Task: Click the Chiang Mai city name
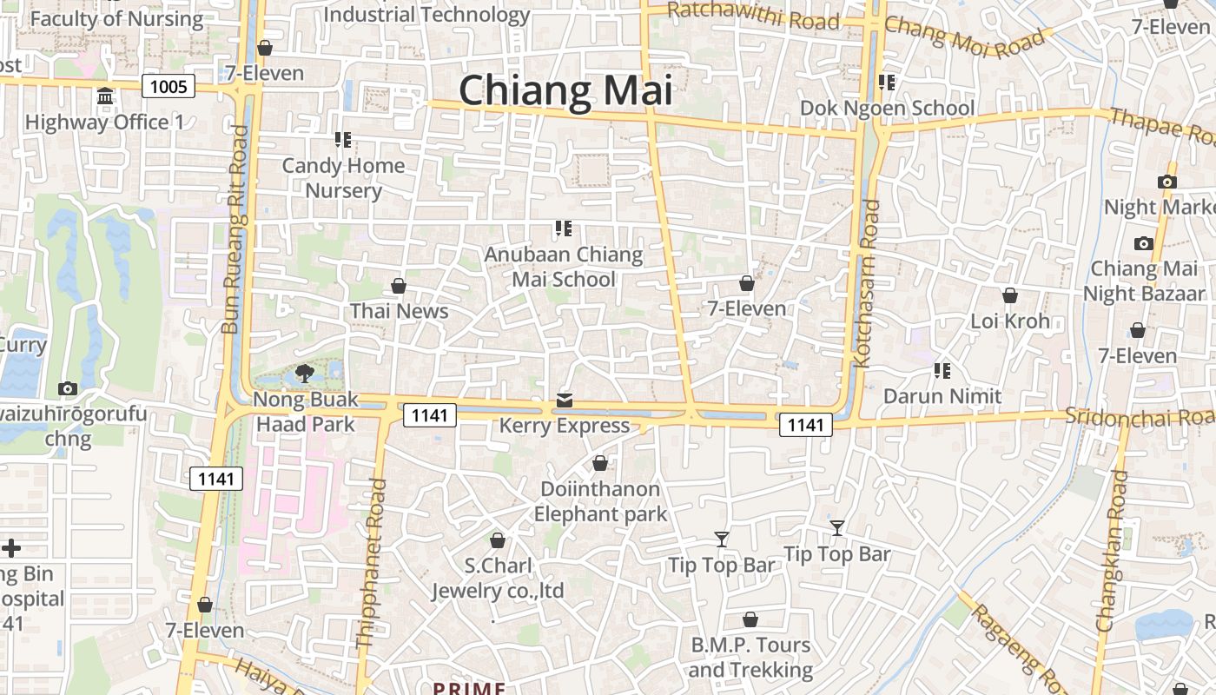coord(565,90)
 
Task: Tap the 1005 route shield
coord(169,85)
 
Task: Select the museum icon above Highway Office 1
coord(105,96)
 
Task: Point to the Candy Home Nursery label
coord(344,178)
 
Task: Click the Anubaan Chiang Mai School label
coord(564,267)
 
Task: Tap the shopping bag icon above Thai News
coord(399,286)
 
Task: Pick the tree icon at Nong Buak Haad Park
coord(304,374)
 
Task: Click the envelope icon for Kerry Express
coord(565,400)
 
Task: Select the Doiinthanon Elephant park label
coord(600,501)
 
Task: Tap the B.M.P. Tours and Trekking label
coord(750,657)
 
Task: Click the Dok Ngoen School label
coord(887,108)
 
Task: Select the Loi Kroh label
coord(1010,321)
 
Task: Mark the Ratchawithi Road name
coord(754,16)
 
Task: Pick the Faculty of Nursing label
coord(116,18)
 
